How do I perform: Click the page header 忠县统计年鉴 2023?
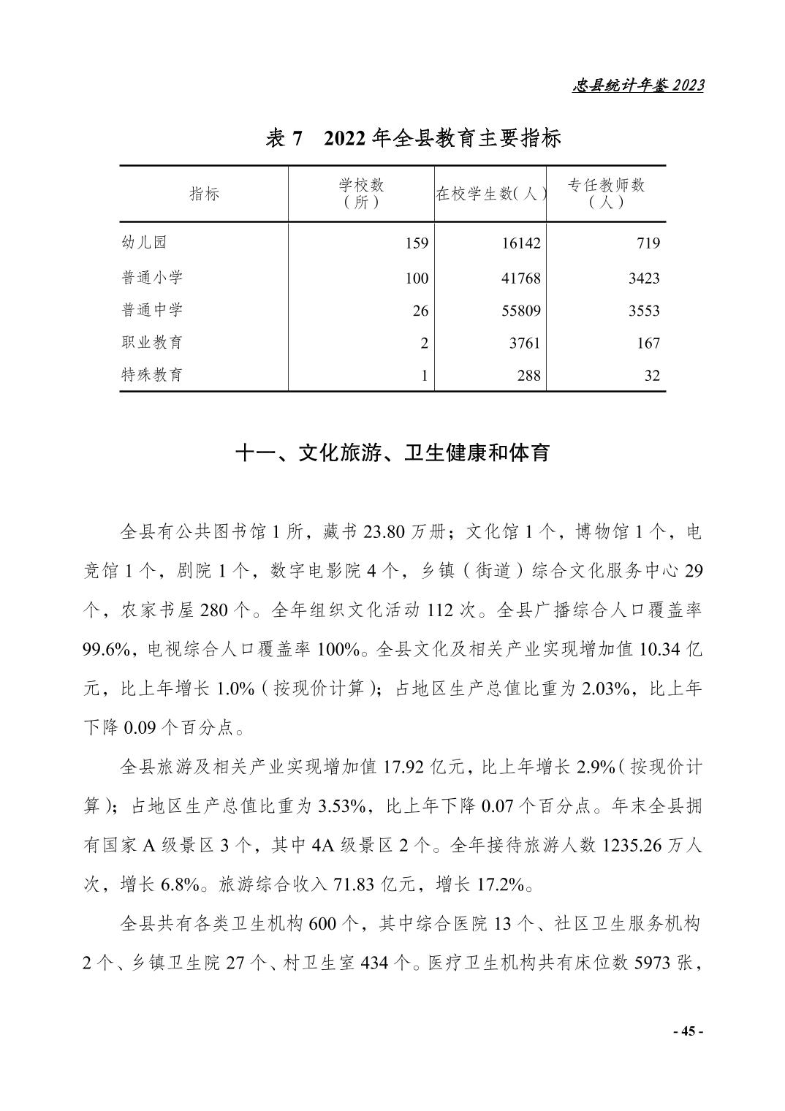[x=637, y=86]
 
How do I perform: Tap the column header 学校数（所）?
[x=361, y=194]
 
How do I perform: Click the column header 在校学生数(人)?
[x=490, y=194]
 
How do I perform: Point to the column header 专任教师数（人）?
[x=606, y=194]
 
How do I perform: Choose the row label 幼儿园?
[x=145, y=243]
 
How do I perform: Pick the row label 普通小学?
[x=152, y=278]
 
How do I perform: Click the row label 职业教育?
[x=152, y=342]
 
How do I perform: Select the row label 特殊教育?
[x=152, y=375]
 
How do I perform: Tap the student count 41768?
[x=521, y=278]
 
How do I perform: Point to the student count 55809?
[x=521, y=311]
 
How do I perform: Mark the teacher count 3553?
[x=644, y=311]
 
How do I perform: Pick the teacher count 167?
[x=648, y=343]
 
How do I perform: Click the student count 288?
[x=528, y=376]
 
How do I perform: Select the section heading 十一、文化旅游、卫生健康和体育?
[x=392, y=453]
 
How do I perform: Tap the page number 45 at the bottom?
[x=687, y=1031]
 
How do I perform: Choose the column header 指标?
[x=204, y=194]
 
